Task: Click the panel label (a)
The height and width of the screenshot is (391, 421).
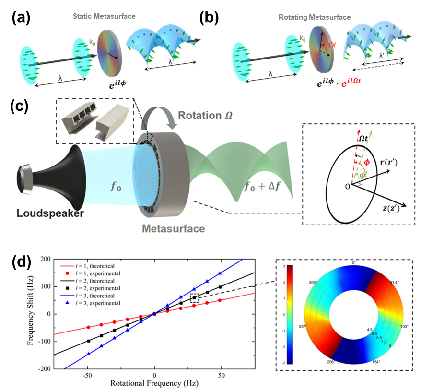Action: point(20,18)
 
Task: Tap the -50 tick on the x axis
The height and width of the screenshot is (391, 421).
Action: point(88,375)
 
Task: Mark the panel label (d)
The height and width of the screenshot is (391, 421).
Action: point(21,263)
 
